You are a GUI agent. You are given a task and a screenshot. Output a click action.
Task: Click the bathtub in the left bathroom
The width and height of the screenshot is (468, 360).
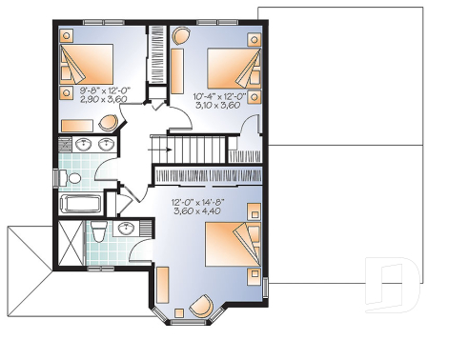pyautogui.click(x=82, y=203)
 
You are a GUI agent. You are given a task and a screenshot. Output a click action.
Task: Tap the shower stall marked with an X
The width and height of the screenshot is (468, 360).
pyautogui.click(x=69, y=245)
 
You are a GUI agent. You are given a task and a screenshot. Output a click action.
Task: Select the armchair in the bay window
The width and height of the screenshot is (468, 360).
pyautogui.click(x=202, y=306)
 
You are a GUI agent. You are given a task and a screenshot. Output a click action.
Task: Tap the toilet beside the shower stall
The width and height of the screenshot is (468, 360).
pyautogui.click(x=98, y=234)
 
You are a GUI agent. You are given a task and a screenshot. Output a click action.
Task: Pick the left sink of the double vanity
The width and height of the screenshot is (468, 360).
pyautogui.click(x=83, y=146)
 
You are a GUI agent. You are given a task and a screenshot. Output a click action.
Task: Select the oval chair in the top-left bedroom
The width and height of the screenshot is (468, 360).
pyautogui.click(x=109, y=123)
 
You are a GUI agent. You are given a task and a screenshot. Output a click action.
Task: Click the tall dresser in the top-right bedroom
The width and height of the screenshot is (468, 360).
pyautogui.click(x=177, y=71)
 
